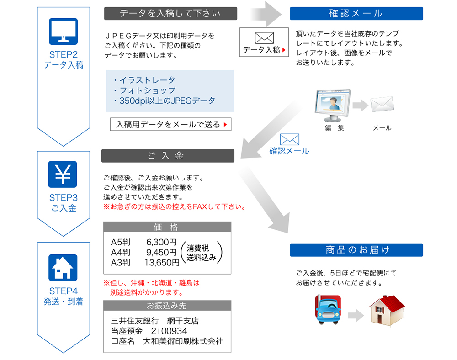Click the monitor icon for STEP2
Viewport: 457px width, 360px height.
[x=63, y=31]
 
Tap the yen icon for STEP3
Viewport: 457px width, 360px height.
[x=63, y=174]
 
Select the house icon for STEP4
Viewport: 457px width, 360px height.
[x=63, y=267]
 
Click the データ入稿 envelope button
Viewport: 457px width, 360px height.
[x=264, y=42]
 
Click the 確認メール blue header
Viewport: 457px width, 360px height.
[x=356, y=14]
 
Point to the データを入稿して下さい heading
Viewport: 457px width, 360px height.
[x=170, y=14]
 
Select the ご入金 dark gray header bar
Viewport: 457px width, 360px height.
[x=168, y=156]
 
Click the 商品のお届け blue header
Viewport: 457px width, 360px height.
[x=356, y=250]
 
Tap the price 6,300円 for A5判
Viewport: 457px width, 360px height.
[x=161, y=242]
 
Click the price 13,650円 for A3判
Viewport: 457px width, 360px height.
[x=162, y=263]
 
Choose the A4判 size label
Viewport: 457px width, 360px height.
[x=121, y=253]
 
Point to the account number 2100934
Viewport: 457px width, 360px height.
[x=169, y=331]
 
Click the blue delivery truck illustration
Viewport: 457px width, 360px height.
[x=329, y=309]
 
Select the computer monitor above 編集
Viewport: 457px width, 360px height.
[x=332, y=104]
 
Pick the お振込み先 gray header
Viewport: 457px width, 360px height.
[x=167, y=306]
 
